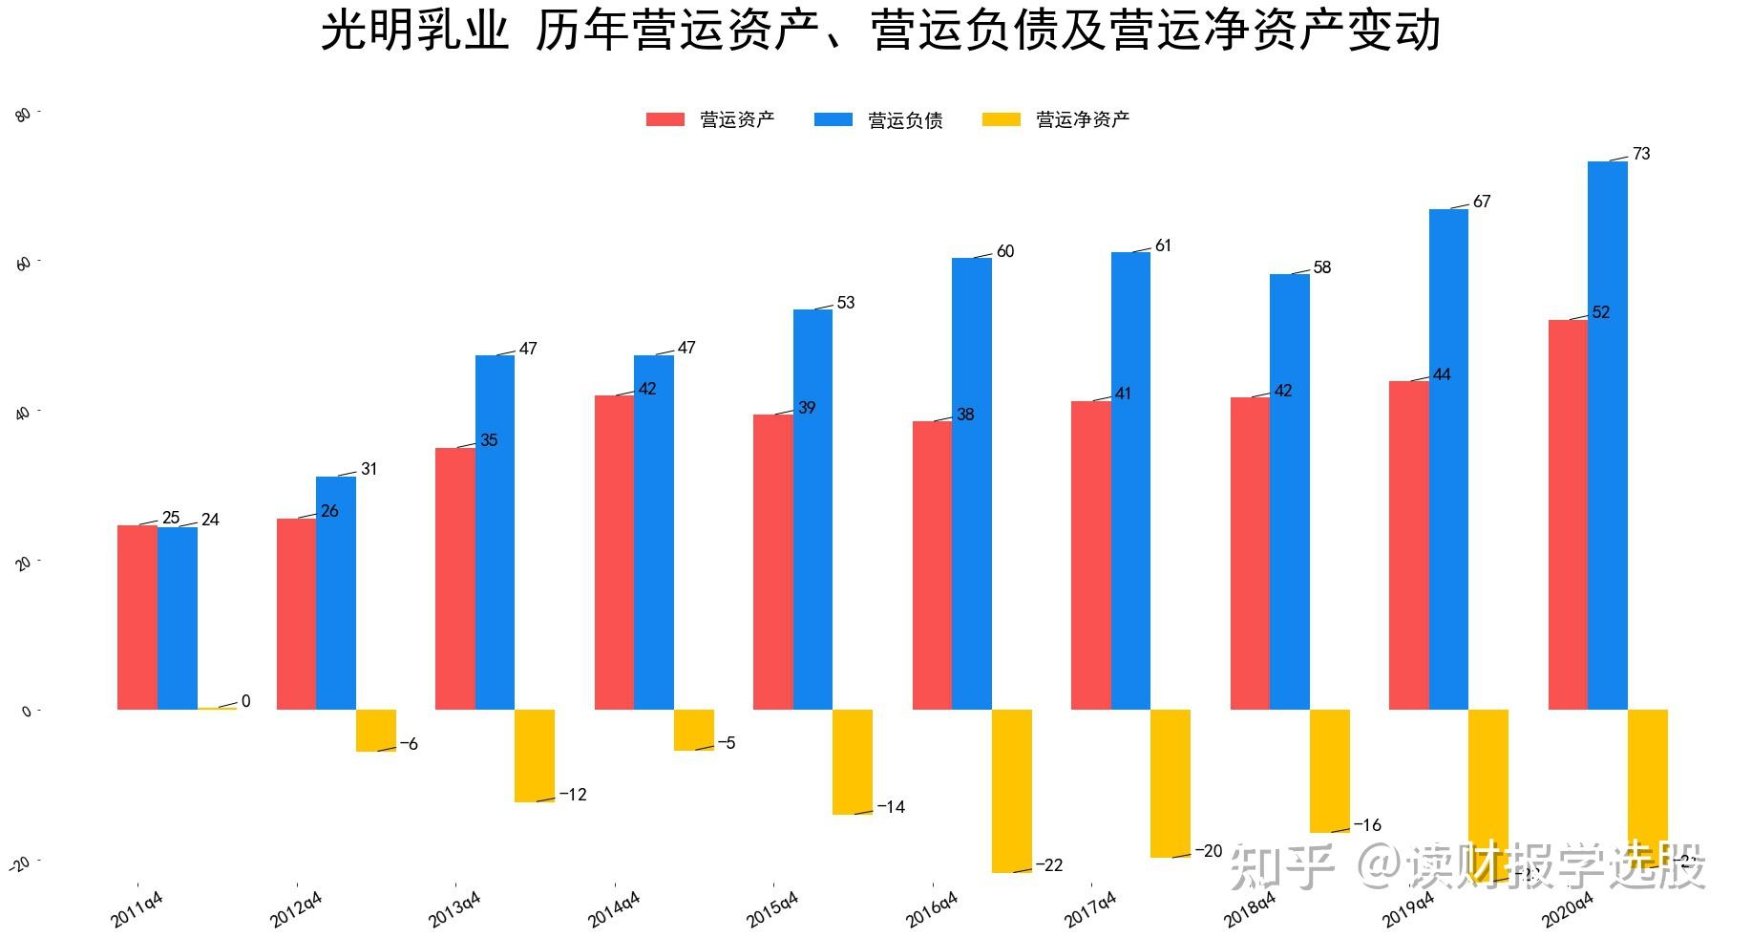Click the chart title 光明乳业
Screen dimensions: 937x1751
point(414,31)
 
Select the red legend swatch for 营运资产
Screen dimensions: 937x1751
point(665,119)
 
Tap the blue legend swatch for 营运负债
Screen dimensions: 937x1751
point(833,119)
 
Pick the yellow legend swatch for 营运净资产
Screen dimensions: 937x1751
point(1001,119)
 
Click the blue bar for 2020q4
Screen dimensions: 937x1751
point(1607,435)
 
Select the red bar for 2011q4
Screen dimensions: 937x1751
point(137,617)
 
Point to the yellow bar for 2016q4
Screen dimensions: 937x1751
point(1011,791)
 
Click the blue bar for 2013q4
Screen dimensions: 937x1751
point(495,532)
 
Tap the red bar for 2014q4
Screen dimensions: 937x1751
point(614,552)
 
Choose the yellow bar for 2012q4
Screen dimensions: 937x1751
point(375,731)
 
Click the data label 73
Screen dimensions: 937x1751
point(1641,154)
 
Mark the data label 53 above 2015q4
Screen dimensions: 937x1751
point(846,303)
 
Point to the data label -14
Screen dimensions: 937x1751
point(891,807)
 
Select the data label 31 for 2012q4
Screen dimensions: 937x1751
point(369,469)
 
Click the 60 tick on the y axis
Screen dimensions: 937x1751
point(25,263)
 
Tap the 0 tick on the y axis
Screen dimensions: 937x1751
point(27,712)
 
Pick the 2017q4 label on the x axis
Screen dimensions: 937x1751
point(1090,909)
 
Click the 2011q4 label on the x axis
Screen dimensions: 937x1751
point(137,909)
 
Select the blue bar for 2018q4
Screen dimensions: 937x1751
point(1289,492)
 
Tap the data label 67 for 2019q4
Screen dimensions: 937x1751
point(1482,202)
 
